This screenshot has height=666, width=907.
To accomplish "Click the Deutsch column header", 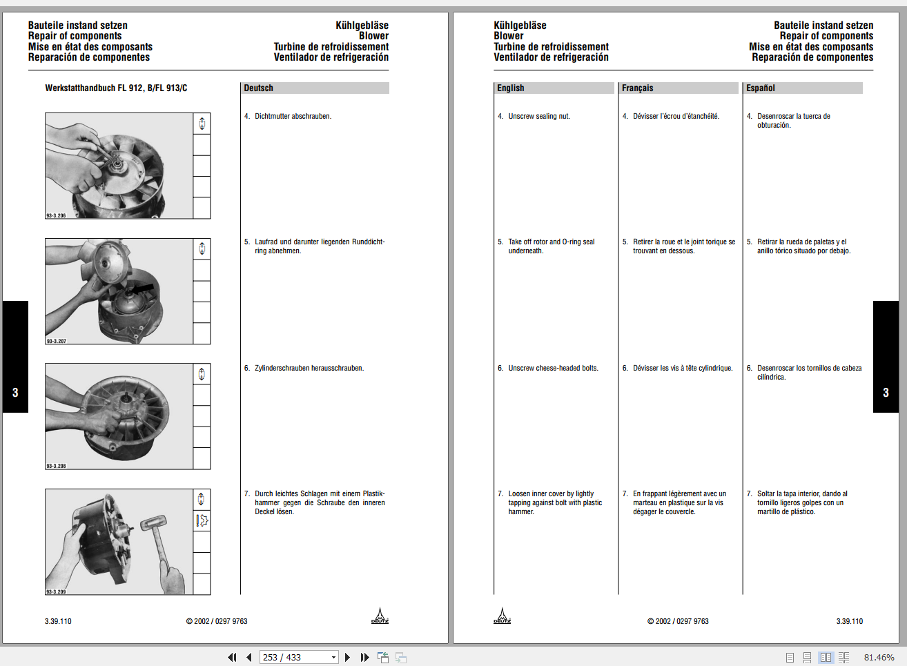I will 259,88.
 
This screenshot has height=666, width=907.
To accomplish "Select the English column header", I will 511,88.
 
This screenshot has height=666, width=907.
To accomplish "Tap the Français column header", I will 637,88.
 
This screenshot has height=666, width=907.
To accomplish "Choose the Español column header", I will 761,88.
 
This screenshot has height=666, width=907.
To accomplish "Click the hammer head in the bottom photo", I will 153,522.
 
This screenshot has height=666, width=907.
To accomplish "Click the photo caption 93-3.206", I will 57,216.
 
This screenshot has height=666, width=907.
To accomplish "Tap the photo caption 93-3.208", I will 57,467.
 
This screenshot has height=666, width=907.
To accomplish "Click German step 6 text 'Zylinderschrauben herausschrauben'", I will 309,369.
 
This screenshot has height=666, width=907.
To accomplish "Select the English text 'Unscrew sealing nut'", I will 539,117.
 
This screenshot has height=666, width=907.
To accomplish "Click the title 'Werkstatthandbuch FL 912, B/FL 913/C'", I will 116,88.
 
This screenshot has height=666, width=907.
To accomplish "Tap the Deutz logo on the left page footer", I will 380,616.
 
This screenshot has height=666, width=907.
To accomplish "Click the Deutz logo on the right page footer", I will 502,616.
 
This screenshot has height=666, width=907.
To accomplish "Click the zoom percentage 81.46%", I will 879,658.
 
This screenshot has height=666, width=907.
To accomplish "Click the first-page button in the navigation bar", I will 232,658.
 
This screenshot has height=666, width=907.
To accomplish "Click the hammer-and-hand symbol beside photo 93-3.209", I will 202,521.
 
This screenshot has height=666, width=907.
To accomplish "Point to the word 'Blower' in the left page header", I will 373,36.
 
